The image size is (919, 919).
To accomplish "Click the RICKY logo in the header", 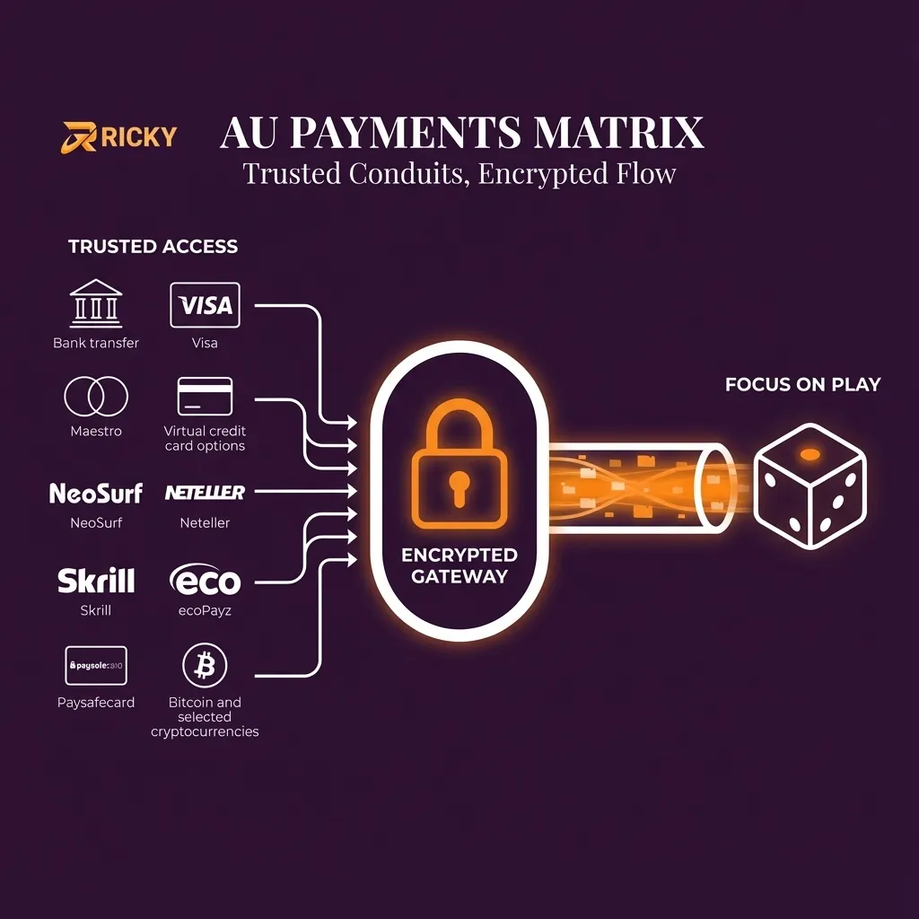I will (x=118, y=136).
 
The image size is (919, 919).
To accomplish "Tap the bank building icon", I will (x=95, y=304).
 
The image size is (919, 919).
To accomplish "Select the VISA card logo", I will (x=205, y=305).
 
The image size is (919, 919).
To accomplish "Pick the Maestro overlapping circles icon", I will (x=96, y=396).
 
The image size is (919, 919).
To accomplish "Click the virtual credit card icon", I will (x=205, y=396).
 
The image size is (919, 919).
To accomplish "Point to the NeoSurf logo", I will (x=96, y=493).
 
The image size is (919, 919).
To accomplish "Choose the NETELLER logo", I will (x=205, y=493).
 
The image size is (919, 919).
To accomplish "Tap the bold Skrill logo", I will (x=96, y=581).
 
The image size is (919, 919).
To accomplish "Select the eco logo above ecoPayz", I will (x=205, y=581).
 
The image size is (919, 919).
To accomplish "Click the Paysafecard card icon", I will (x=96, y=666).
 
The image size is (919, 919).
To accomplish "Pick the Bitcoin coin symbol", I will (x=205, y=666).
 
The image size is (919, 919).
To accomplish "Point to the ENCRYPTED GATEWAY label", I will (x=459, y=566).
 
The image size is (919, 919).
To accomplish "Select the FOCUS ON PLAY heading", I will (x=802, y=385).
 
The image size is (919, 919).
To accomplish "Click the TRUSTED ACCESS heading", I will (x=153, y=247).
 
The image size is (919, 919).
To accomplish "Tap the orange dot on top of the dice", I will (x=810, y=454).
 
